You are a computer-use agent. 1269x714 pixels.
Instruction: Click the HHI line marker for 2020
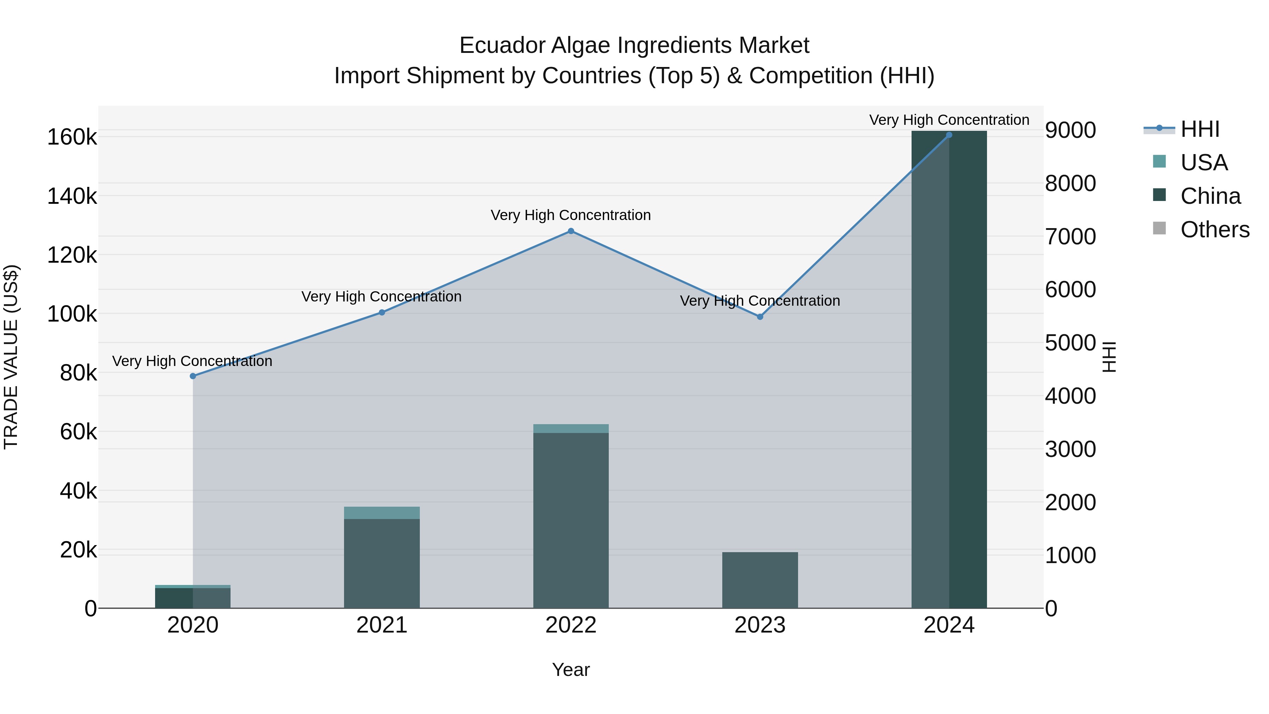(x=192, y=376)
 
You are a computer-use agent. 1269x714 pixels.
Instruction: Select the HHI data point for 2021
(x=382, y=312)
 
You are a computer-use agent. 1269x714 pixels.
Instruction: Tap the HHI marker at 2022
(x=571, y=231)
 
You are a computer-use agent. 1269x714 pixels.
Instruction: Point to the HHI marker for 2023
(x=760, y=317)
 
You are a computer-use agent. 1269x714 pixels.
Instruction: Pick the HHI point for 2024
(x=949, y=135)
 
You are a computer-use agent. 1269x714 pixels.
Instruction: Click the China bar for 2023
(x=760, y=580)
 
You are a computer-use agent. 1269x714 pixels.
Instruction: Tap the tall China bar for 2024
(x=949, y=370)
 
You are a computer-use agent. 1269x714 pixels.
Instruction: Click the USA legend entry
(x=1203, y=163)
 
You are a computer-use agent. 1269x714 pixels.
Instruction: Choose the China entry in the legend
(x=1210, y=196)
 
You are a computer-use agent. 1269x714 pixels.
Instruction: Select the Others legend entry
(x=1214, y=230)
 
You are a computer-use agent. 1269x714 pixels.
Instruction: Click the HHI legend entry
(x=1200, y=129)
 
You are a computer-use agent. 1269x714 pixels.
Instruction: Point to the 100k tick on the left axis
(x=72, y=314)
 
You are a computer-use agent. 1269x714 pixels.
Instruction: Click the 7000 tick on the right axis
(x=1070, y=237)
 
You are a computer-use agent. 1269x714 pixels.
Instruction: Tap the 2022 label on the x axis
(x=571, y=625)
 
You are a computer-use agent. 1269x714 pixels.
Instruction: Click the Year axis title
(x=571, y=670)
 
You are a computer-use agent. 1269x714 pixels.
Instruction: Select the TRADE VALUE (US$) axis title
(x=11, y=357)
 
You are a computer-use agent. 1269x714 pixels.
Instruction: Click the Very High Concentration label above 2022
(x=571, y=215)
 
